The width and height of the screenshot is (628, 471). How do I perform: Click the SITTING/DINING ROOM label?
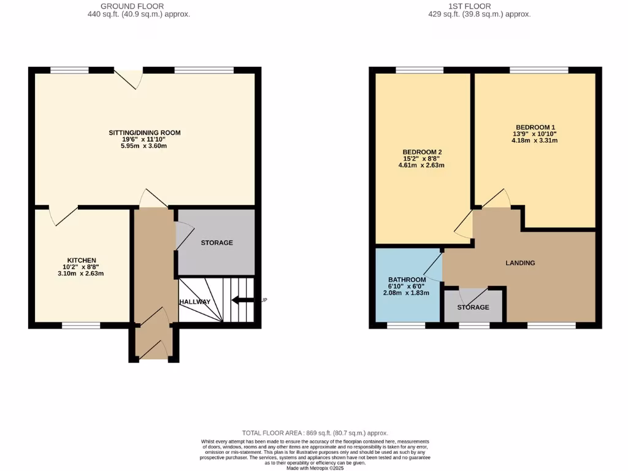(x=145, y=132)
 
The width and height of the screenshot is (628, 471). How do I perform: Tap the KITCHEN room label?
(x=82, y=260)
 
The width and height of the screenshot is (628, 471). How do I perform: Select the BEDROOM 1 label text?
(x=535, y=127)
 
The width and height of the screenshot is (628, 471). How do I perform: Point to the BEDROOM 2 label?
(x=422, y=152)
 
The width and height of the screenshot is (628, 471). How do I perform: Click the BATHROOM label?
(x=407, y=280)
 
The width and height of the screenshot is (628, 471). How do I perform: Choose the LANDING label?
(x=520, y=263)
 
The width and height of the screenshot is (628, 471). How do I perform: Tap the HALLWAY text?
(x=195, y=302)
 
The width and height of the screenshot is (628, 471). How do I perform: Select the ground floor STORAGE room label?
(x=216, y=243)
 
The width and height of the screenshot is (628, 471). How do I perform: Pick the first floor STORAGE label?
(x=473, y=307)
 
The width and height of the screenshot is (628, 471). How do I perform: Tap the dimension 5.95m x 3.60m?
(x=145, y=146)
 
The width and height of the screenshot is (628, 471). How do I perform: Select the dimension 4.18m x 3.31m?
(x=535, y=140)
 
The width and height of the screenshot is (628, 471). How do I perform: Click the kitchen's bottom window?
(x=81, y=326)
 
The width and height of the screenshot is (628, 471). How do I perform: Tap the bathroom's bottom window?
(x=406, y=326)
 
